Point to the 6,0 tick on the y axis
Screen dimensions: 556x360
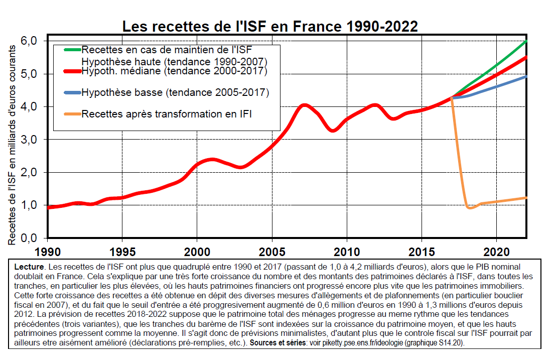tap(29, 41)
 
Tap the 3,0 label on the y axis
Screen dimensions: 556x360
tap(29, 140)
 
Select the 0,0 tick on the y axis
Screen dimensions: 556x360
tap(29, 238)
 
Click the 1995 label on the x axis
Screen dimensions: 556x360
tap(122, 252)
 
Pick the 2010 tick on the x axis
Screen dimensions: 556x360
tap(347, 252)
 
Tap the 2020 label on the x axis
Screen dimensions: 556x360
tap(496, 252)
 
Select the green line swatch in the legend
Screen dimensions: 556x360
tap(72, 50)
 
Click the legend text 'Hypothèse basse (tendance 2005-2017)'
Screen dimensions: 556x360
tap(175, 92)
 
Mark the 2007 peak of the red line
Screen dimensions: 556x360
tap(304, 105)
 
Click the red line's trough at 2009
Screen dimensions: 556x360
tap(333, 131)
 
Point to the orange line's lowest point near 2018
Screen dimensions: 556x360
tap(470, 207)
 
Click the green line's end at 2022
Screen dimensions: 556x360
tap(526, 41)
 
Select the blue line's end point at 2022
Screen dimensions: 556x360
tap(526, 76)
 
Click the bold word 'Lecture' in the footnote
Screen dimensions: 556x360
tap(30, 267)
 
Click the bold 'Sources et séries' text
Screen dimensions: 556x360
tap(277, 343)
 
